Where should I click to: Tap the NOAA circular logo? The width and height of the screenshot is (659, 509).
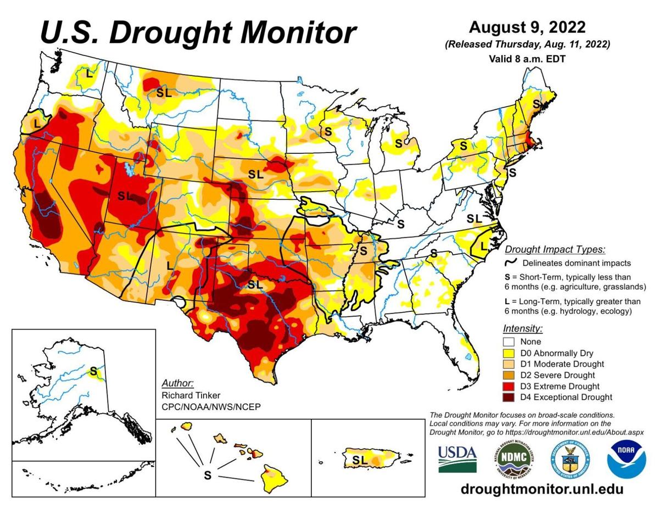[x=626, y=458]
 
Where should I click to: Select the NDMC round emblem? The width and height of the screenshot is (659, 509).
[x=511, y=458]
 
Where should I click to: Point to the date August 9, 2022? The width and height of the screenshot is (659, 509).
[x=527, y=27]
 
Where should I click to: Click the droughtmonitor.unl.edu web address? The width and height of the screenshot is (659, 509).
[x=541, y=489]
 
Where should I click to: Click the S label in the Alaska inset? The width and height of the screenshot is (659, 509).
[x=93, y=371]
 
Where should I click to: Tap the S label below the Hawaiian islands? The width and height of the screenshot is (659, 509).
[x=207, y=476]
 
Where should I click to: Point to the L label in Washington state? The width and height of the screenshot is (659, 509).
[x=88, y=72]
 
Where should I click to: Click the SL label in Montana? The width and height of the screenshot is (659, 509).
[x=164, y=93]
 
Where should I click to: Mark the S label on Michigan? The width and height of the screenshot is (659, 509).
[x=398, y=144]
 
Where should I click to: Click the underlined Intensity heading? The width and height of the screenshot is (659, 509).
[x=522, y=328]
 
